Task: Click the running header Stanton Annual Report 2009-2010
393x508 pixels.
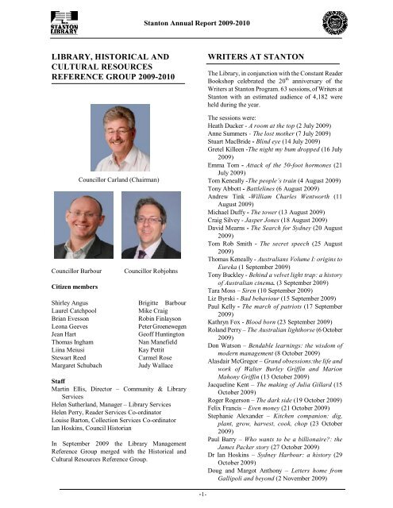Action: (x=195, y=11)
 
